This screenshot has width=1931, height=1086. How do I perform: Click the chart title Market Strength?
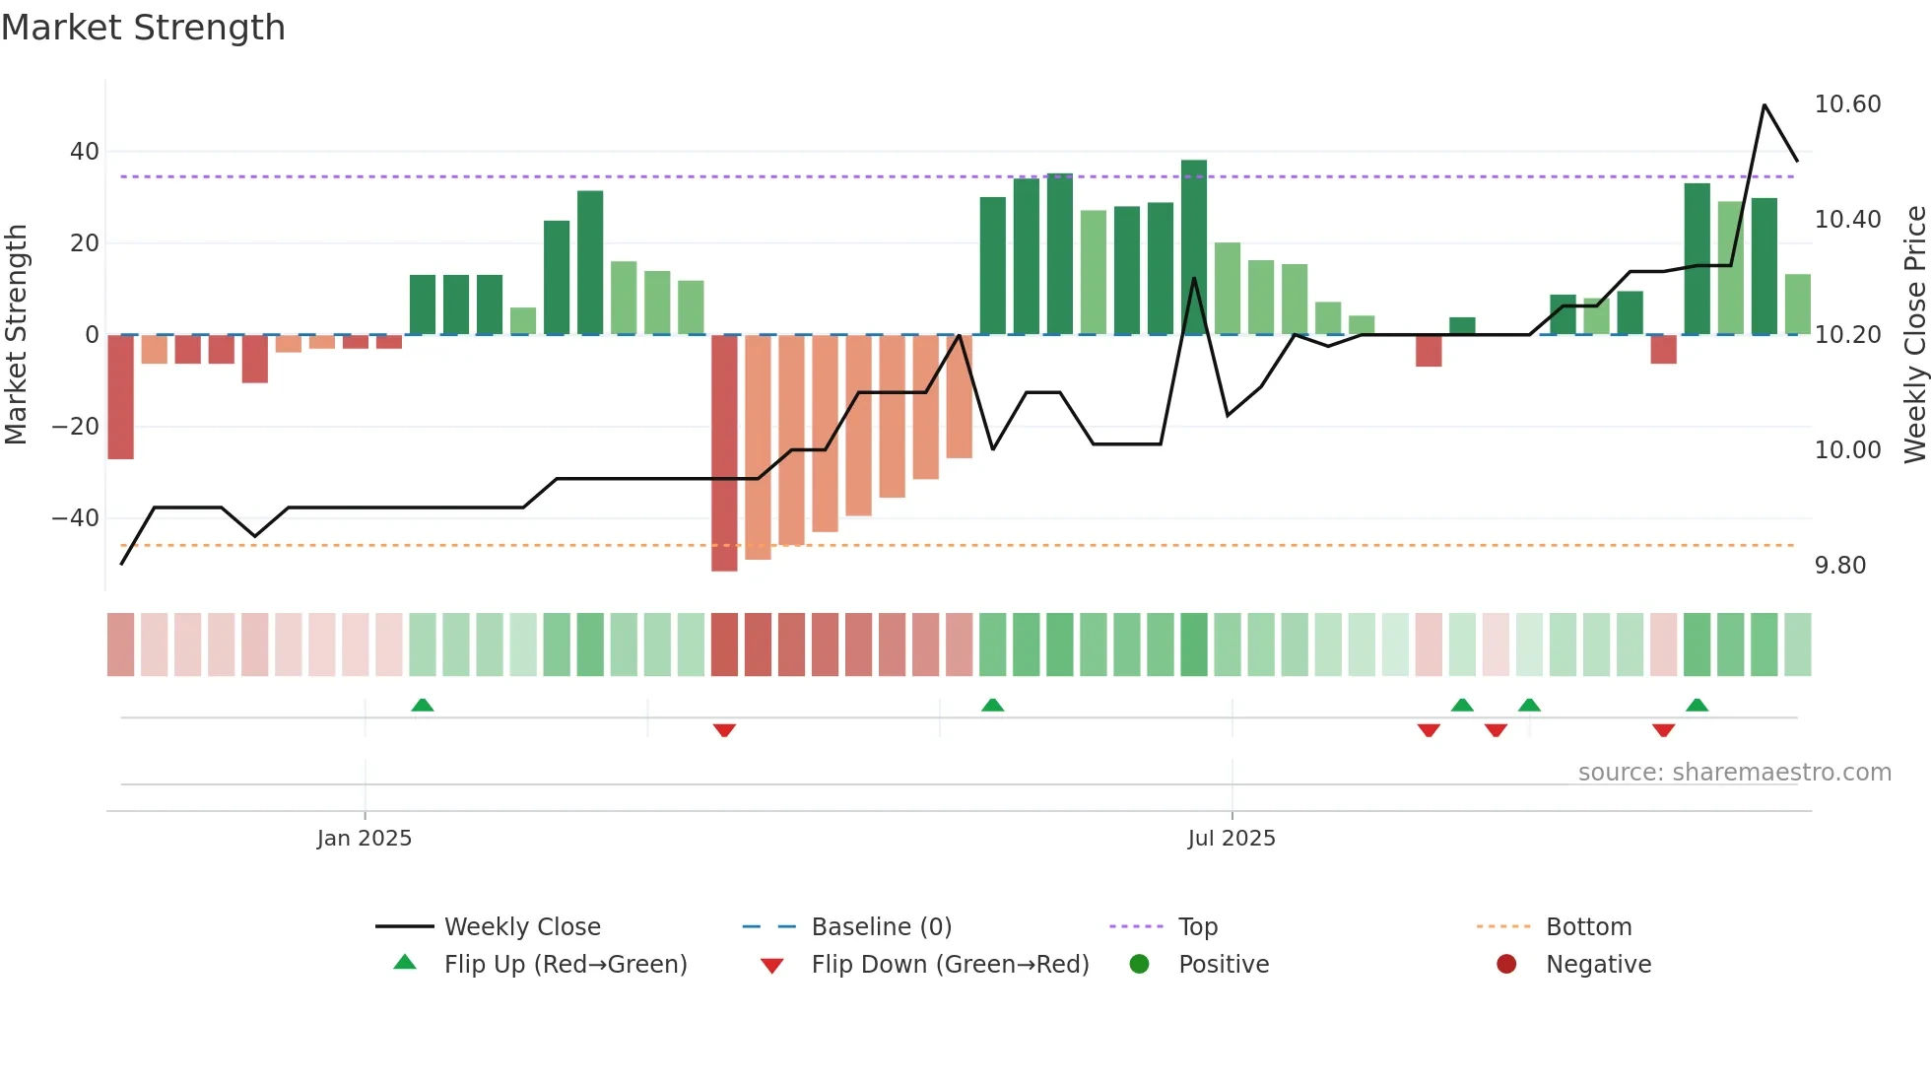pos(143,28)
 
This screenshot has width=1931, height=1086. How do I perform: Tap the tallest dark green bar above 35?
pos(1193,246)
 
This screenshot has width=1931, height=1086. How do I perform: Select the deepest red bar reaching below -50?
pos(724,453)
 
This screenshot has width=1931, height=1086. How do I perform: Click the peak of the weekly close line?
pos(1764,105)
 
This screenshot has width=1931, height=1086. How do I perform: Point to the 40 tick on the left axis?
pos(85,152)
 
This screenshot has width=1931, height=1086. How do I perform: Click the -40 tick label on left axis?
pos(76,518)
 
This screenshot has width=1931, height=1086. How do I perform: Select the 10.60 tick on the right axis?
pos(1847,104)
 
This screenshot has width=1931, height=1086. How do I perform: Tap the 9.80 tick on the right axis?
pos(1839,566)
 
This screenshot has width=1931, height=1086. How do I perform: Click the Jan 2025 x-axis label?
pos(365,839)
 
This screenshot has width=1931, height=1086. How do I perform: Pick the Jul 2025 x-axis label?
pos(1232,839)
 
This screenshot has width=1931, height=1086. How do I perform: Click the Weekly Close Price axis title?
pos(1914,335)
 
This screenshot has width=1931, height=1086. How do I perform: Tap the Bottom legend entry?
pos(1588,927)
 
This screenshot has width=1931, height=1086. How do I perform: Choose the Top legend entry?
pos(1197,927)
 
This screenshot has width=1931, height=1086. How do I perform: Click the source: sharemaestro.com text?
pos(1734,773)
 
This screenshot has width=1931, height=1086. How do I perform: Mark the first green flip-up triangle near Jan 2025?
pos(422,705)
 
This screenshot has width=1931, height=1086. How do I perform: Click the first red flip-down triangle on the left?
pos(724,730)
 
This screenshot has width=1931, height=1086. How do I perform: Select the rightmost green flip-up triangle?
pos(1697,705)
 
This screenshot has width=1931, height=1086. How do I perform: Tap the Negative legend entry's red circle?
pos(1506,965)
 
